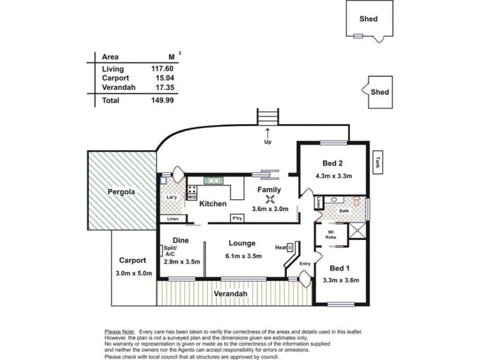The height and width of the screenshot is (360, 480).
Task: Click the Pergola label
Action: tap(121, 193)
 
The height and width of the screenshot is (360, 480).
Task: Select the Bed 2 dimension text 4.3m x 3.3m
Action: tap(333, 176)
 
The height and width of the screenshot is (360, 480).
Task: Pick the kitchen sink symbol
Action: tap(212, 179)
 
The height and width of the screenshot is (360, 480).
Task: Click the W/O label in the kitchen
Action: tap(192, 196)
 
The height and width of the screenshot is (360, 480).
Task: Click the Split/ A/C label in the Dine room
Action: tap(169, 251)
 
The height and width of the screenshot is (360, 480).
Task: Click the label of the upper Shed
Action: tap(368, 19)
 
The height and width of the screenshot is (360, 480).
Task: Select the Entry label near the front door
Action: tap(305, 263)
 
